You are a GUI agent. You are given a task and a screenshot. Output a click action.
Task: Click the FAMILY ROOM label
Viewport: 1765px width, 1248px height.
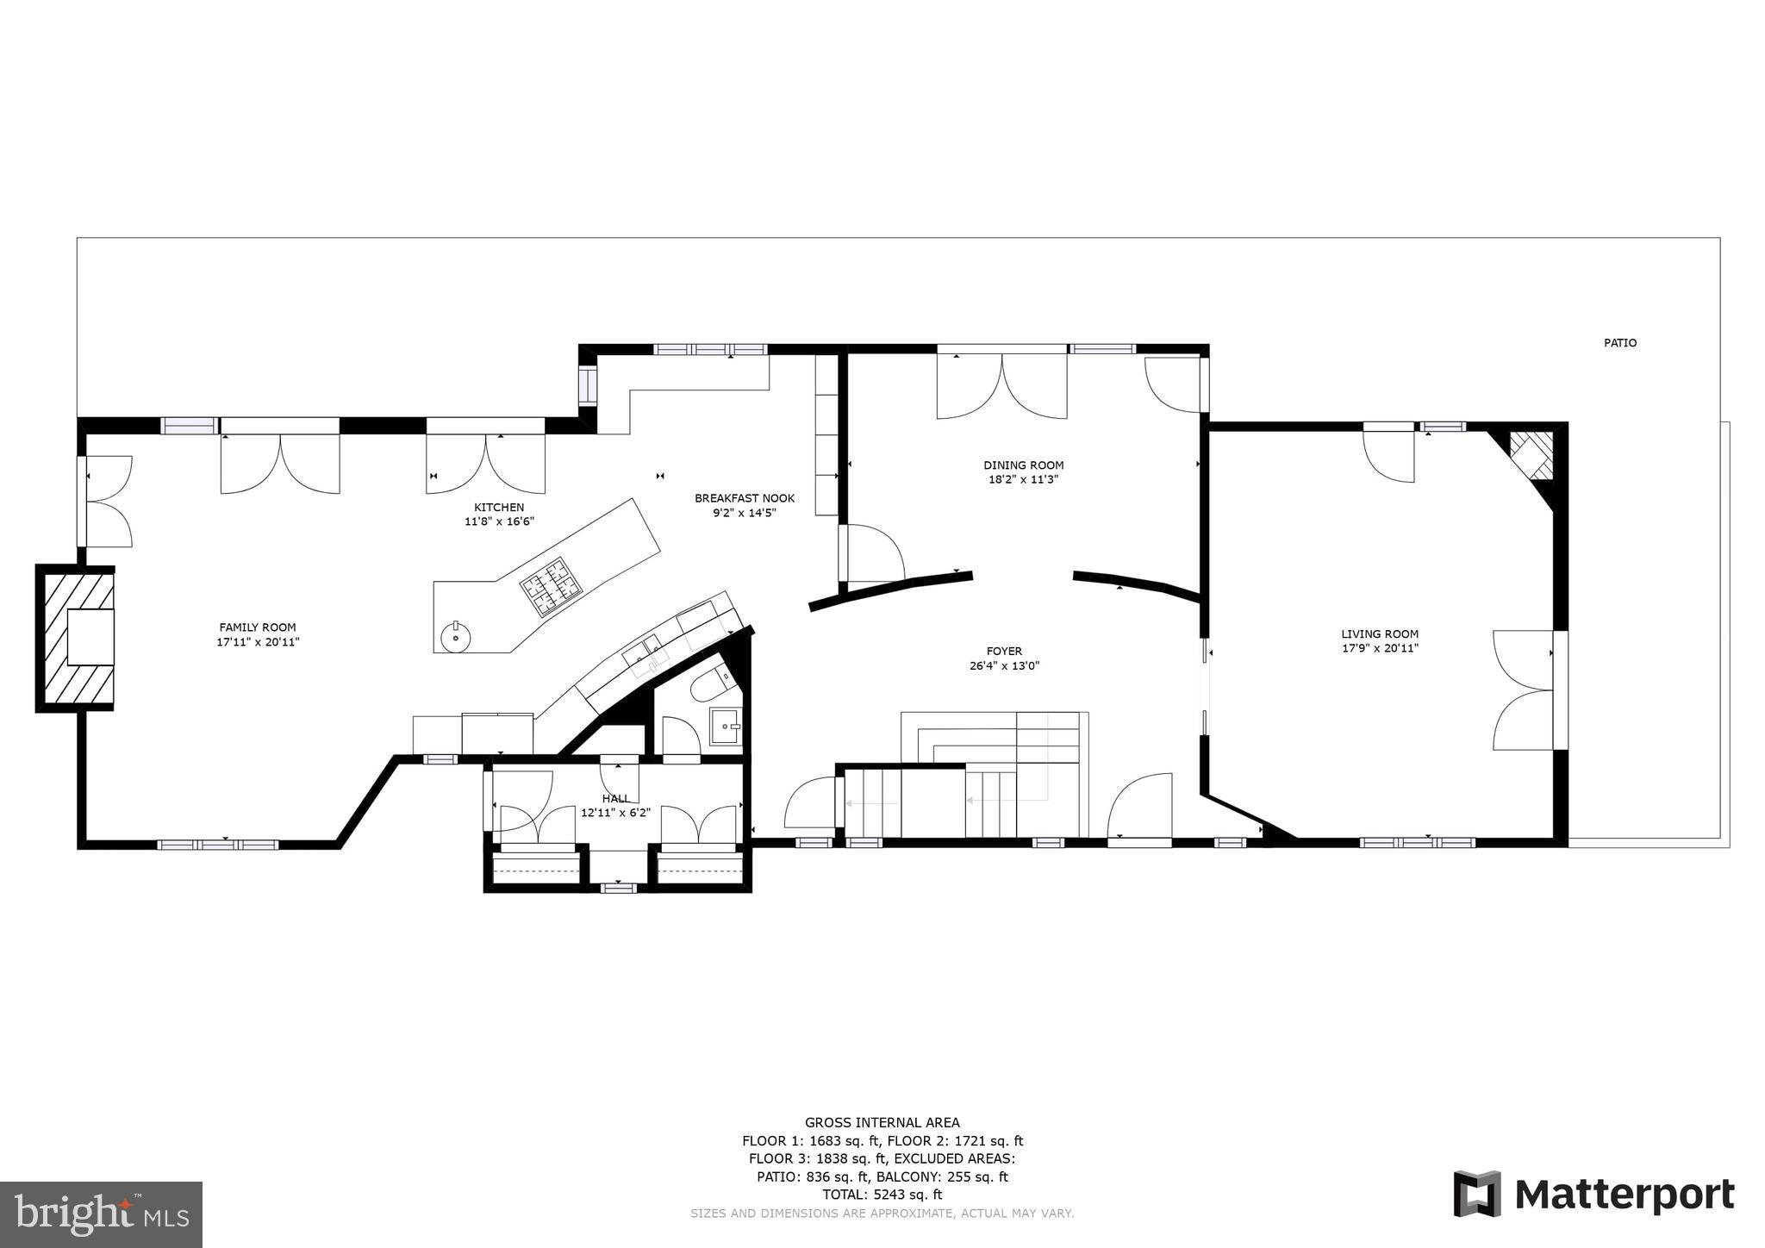(x=257, y=627)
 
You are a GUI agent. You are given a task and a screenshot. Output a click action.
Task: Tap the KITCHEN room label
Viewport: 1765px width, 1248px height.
(x=499, y=508)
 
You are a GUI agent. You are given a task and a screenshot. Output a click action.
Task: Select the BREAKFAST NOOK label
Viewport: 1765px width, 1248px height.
(x=745, y=498)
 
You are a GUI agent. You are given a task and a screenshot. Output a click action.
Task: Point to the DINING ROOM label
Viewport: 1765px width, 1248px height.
(x=1023, y=465)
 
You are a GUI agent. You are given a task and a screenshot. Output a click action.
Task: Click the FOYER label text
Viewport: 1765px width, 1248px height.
(x=1004, y=652)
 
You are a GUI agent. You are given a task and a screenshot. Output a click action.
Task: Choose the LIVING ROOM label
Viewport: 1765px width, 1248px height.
(x=1379, y=634)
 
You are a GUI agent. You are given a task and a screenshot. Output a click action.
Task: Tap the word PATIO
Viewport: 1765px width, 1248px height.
(x=1619, y=343)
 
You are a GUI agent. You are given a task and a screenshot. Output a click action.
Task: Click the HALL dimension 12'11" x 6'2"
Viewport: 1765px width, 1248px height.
(x=615, y=813)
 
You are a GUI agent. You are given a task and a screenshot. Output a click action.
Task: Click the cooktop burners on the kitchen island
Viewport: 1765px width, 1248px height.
(x=550, y=587)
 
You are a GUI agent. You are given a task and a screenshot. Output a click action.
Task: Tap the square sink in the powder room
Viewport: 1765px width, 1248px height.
(x=725, y=726)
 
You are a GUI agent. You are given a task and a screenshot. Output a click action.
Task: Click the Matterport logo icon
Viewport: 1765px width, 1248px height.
(x=1477, y=1194)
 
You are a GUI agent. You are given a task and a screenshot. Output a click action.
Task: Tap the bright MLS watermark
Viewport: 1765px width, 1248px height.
(x=101, y=1214)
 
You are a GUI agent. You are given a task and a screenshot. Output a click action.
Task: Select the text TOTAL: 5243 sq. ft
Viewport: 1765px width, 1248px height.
(x=882, y=1195)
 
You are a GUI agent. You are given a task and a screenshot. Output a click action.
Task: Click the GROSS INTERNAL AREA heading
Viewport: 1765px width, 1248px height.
(x=882, y=1122)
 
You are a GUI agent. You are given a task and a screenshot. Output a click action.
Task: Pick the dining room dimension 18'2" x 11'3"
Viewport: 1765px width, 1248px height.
(x=1023, y=480)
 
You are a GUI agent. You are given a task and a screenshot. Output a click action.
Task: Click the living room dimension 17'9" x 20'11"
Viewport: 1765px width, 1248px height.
(x=1379, y=649)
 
